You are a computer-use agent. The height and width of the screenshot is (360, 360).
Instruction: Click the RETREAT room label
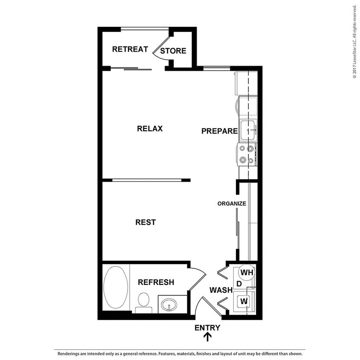(x=130, y=49)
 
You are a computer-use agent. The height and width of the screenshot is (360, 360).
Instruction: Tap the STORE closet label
(x=173, y=51)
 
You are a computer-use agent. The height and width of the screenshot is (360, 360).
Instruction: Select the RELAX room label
(x=150, y=128)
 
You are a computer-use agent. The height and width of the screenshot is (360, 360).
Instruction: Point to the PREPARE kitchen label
(x=219, y=131)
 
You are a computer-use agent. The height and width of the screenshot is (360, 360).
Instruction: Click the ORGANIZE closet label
(x=232, y=203)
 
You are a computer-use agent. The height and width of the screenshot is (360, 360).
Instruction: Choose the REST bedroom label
(x=145, y=222)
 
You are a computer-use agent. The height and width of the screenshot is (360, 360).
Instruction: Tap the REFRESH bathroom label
(x=156, y=282)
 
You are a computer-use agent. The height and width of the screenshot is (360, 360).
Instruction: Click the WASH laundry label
(x=221, y=290)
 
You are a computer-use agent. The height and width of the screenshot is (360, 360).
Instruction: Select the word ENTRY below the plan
(x=207, y=328)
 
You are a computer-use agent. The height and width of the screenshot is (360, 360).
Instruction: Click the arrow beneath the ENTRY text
(x=208, y=337)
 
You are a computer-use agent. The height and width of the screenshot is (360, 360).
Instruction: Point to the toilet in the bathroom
(x=143, y=301)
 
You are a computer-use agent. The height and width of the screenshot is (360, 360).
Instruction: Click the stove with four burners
(x=247, y=154)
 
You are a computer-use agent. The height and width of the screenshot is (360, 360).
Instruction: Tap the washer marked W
(x=244, y=301)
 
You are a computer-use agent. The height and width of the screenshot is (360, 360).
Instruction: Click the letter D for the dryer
(x=239, y=284)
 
